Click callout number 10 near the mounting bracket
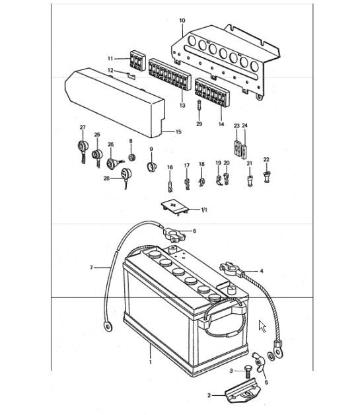[182, 20]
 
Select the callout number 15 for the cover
[178, 132]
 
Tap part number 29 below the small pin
[199, 124]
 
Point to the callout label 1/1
[203, 210]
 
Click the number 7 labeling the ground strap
[92, 268]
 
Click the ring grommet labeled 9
[151, 165]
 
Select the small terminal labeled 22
[266, 175]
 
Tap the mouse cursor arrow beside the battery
[262, 326]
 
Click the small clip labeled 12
[130, 76]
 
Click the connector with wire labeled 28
[126, 176]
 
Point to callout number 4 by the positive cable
[261, 271]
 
